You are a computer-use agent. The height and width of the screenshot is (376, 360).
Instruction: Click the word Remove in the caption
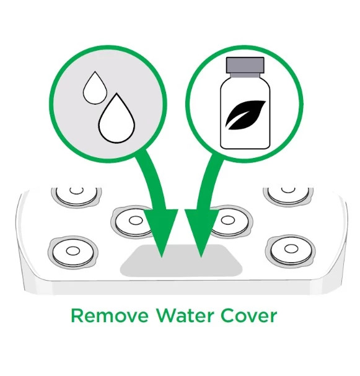pos(110,315)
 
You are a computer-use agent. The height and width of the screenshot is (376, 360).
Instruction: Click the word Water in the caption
pos(185,315)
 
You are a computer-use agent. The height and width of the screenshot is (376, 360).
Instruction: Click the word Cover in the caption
pos(249,315)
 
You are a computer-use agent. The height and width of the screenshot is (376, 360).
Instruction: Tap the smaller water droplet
pos(95,88)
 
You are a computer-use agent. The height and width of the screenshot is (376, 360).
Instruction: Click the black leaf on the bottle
pos(245,115)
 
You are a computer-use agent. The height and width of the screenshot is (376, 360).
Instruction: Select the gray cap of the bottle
pos(245,65)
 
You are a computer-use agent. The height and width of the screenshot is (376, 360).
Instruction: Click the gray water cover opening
pos(181,260)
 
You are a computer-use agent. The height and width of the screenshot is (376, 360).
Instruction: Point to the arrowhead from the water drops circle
pos(161,230)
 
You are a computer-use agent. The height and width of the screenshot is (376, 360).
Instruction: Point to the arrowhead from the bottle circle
pos(202,230)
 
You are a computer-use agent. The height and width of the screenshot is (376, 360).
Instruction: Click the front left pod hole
pos(73,252)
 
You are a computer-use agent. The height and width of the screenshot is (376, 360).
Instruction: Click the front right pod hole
pos(291,250)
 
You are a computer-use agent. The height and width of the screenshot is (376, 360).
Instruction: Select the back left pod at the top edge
pos(76,196)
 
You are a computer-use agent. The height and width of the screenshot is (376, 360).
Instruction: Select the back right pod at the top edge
pos(288,195)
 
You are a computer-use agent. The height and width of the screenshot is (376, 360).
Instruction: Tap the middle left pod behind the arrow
pos(131,221)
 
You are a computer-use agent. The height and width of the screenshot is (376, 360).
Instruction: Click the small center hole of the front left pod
pos(73,251)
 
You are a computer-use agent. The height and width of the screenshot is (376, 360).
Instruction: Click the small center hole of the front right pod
pos(291,249)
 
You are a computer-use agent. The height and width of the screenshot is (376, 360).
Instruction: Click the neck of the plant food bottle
pos(245,75)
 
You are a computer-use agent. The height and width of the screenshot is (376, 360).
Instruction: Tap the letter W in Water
pos(167,315)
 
